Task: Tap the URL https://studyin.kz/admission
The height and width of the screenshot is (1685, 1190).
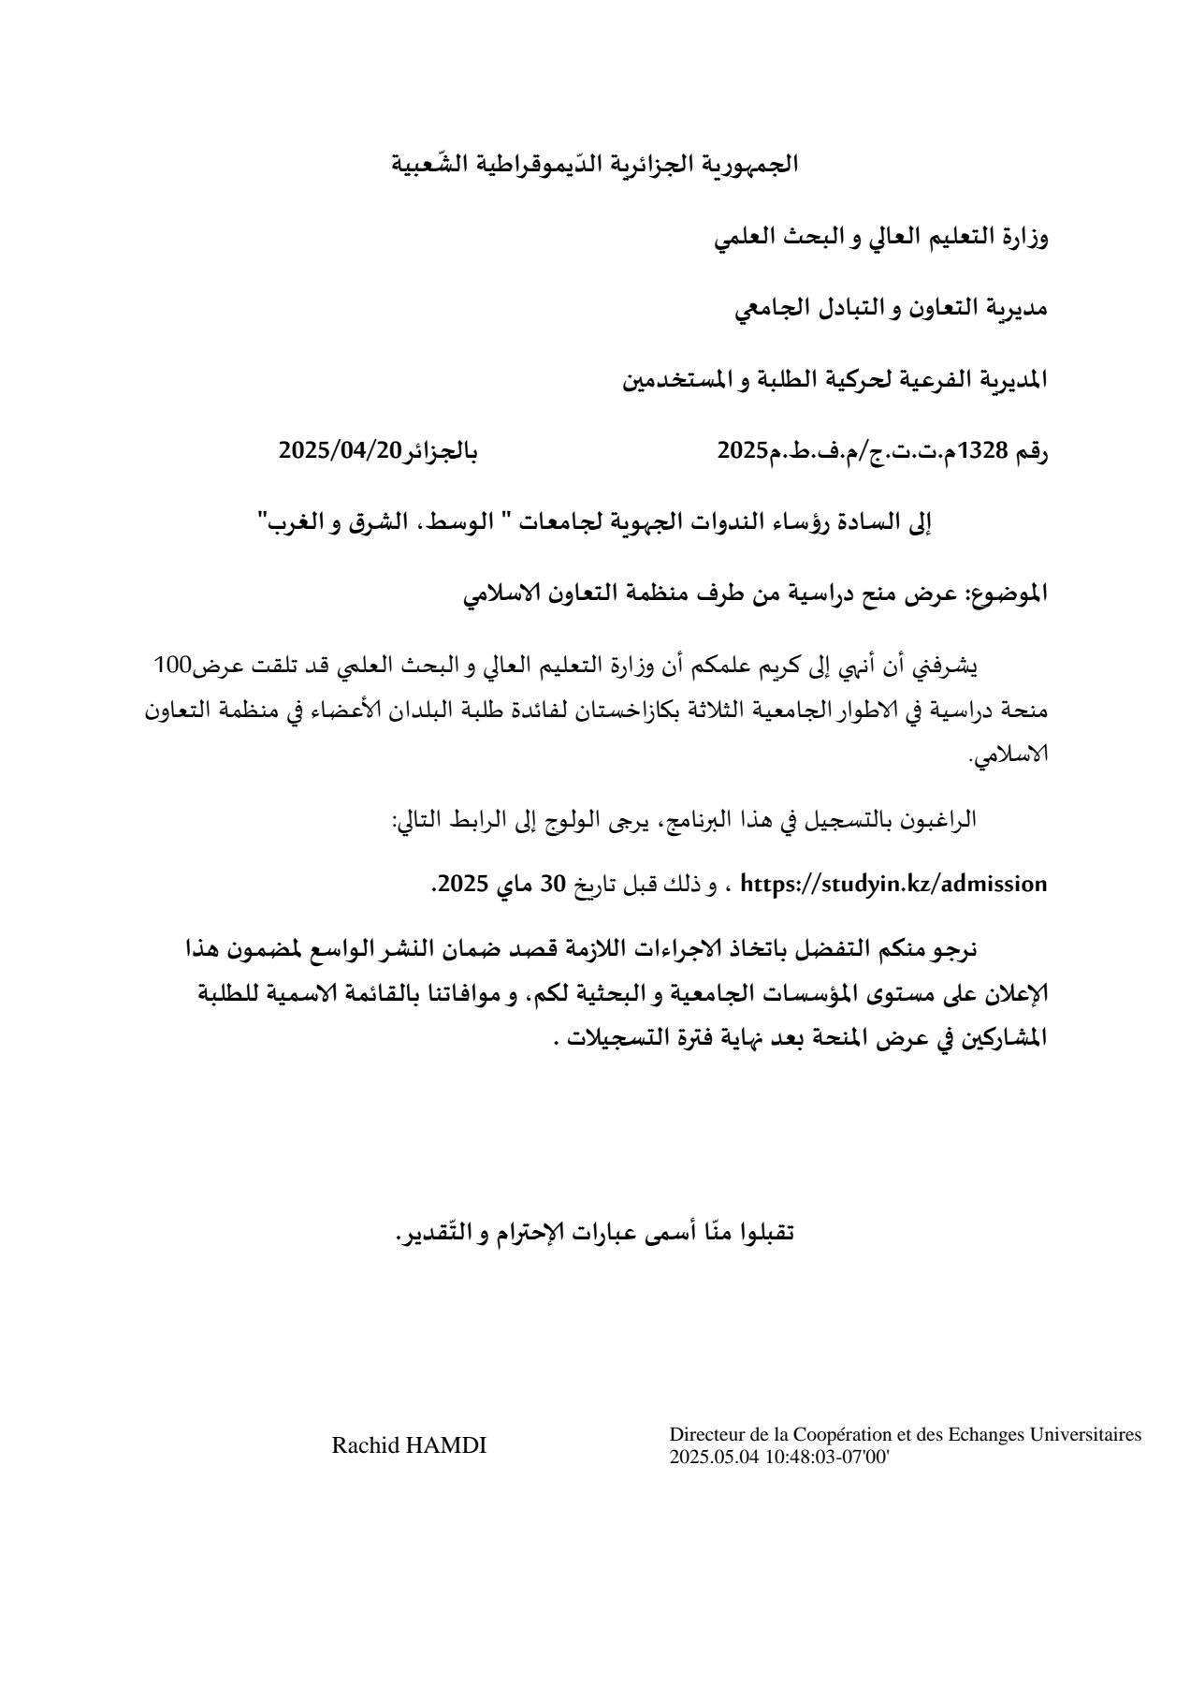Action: tap(893, 883)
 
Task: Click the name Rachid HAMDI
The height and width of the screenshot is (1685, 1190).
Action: tap(409, 1445)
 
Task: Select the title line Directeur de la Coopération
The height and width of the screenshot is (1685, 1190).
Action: tap(905, 1434)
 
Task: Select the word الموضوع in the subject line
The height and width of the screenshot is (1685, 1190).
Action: tap(1009, 593)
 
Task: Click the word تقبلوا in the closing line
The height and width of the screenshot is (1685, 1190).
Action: tap(762, 1232)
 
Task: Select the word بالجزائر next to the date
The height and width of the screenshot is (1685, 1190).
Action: tap(440, 451)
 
